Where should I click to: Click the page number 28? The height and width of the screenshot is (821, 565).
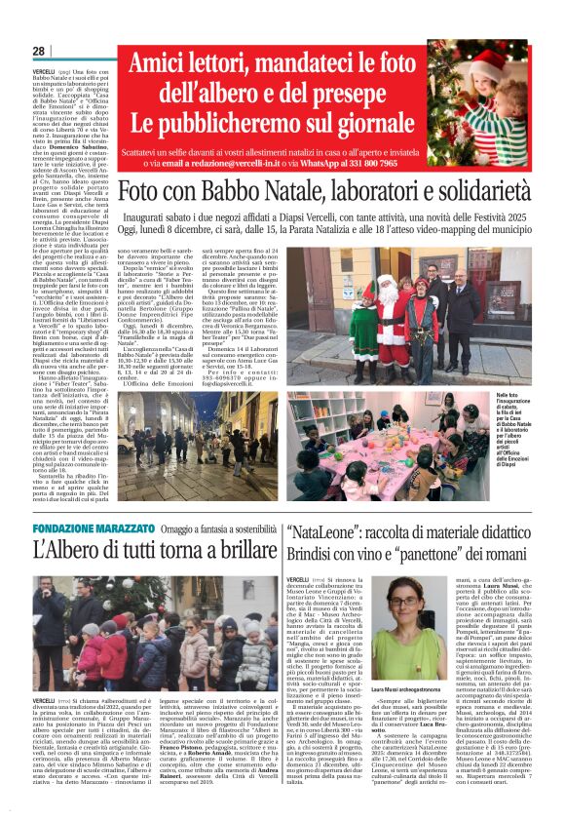[39, 52]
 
